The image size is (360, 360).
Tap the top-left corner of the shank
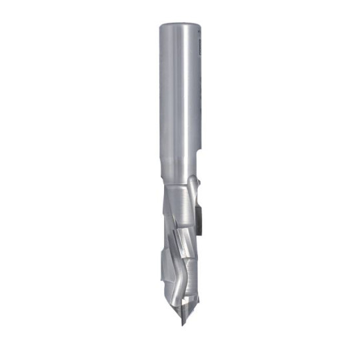(x=160, y=23)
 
